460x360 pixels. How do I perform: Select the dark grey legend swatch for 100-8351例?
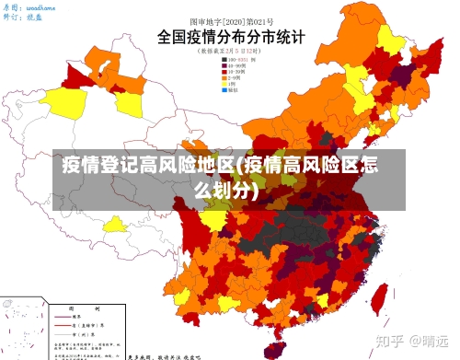pyautogui.click(x=224, y=60)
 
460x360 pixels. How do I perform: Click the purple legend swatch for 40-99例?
pyautogui.click(x=224, y=66)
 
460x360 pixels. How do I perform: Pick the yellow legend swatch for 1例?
pyautogui.click(x=224, y=85)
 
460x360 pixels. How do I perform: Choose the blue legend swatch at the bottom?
pyautogui.click(x=224, y=91)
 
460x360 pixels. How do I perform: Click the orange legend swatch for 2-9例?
pyautogui.click(x=224, y=78)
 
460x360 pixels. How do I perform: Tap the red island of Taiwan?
pyautogui.click(x=378, y=300)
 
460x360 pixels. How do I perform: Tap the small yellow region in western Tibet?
pyautogui.click(x=115, y=224)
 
